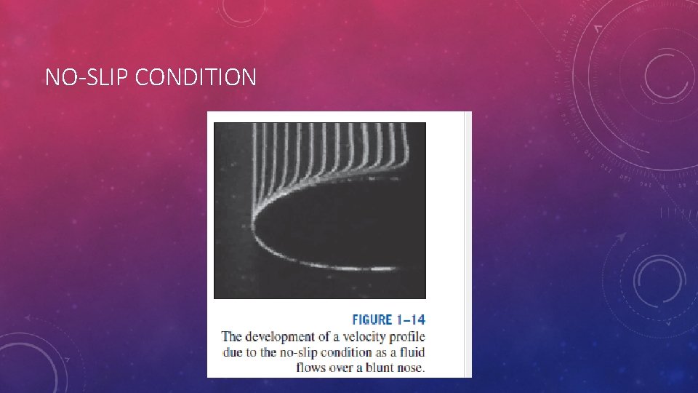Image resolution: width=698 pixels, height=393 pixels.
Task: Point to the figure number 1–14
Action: tap(410, 319)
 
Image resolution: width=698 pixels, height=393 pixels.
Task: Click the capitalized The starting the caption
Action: tap(232, 336)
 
